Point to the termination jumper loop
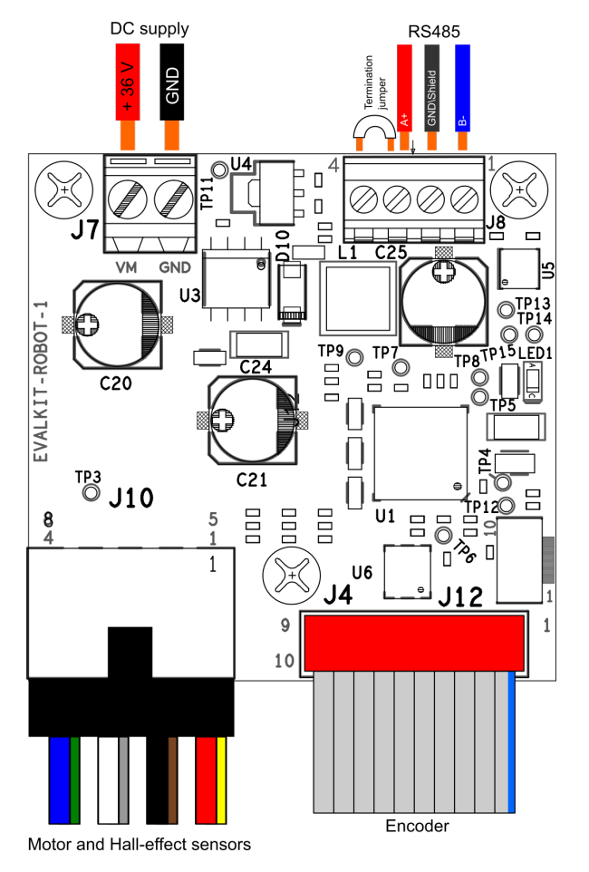373,136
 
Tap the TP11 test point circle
219,170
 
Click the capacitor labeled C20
119,324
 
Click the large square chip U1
420,452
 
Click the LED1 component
534,380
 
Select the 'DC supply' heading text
150,29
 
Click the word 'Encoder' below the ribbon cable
417,826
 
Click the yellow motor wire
221,779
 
